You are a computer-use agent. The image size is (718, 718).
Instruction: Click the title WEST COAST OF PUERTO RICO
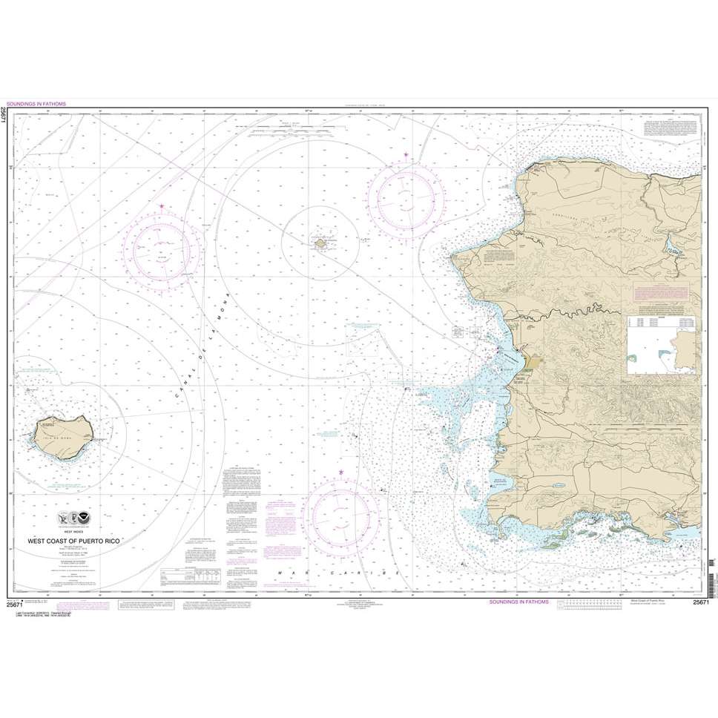pos(74,541)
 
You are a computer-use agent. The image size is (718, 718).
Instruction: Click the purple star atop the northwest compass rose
pos(162,205)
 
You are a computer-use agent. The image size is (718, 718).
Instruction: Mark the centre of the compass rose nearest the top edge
pos(406,194)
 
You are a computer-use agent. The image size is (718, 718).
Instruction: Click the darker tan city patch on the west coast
pos(533,361)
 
